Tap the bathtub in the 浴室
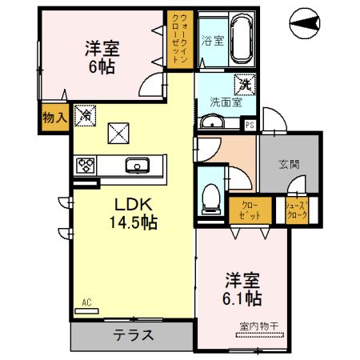242,40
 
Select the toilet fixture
211,197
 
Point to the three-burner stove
86,166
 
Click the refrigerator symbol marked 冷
84,116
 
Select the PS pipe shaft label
250,125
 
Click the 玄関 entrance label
289,165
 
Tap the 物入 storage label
54,117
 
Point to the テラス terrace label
132,335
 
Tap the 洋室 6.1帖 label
242,289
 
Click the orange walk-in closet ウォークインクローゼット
178,40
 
